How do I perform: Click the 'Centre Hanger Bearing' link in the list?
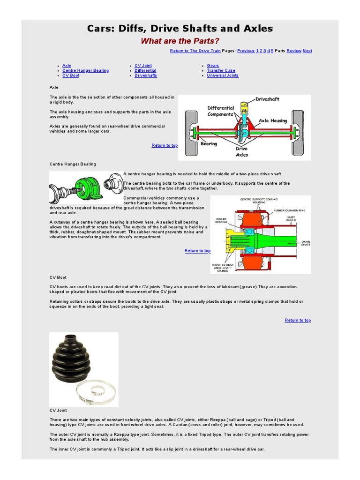coord(85,70)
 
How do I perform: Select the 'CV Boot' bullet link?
coord(71,75)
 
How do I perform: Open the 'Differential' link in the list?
coord(145,70)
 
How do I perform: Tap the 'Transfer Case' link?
coord(221,70)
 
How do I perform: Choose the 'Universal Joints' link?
coord(223,75)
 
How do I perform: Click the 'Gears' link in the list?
coord(213,66)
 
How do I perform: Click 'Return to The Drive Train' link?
coord(195,51)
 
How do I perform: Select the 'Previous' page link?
coord(246,51)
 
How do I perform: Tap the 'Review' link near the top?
coord(294,51)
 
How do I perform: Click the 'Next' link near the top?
coord(307,51)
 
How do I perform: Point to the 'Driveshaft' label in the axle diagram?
coord(267,99)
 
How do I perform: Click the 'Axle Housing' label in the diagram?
coord(273,120)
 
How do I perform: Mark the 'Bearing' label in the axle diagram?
coord(209,144)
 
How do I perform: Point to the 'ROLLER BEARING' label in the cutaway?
coord(221,220)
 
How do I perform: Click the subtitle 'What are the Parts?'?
coord(180,41)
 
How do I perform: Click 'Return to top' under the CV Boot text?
coord(298,320)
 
